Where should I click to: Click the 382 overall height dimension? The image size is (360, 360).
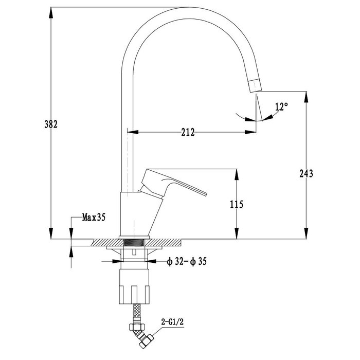point(51,124)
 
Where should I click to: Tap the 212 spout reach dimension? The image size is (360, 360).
point(188,132)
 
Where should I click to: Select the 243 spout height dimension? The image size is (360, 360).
point(306,173)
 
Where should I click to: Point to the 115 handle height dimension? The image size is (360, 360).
point(237,204)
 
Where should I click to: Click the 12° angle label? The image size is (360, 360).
point(281,106)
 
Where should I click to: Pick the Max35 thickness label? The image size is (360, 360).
point(94,217)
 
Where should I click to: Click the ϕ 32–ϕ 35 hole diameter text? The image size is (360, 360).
point(187,261)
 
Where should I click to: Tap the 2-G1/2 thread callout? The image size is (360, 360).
point(172,322)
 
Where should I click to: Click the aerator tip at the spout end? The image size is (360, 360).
point(255,85)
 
